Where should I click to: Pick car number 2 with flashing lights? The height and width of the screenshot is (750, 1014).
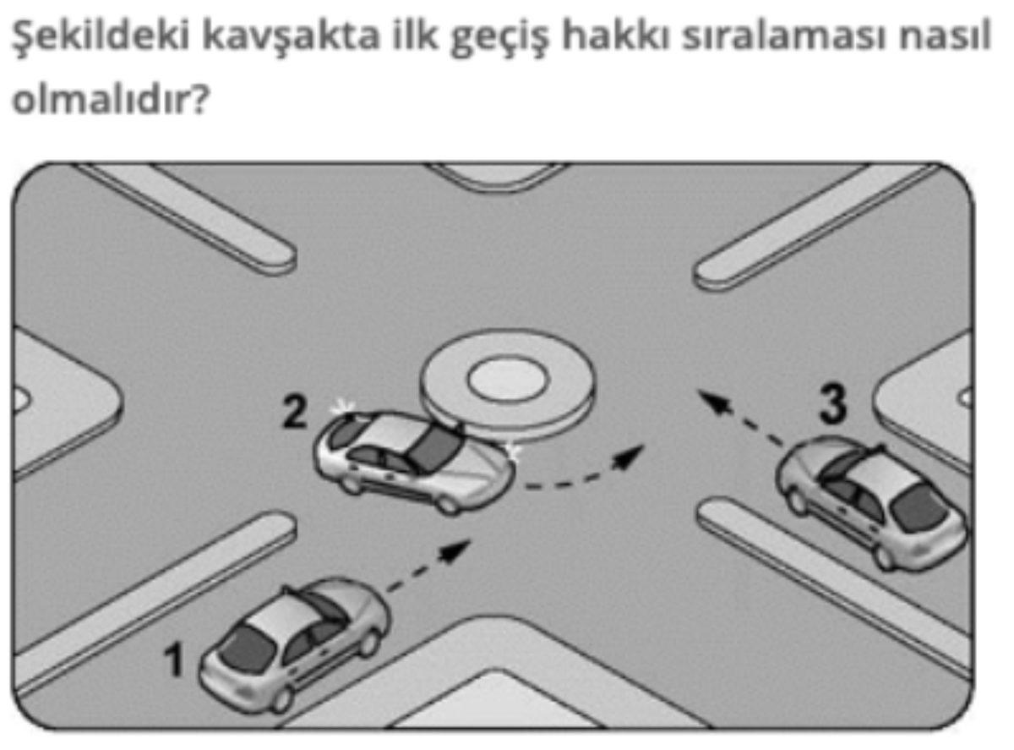(414, 461)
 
